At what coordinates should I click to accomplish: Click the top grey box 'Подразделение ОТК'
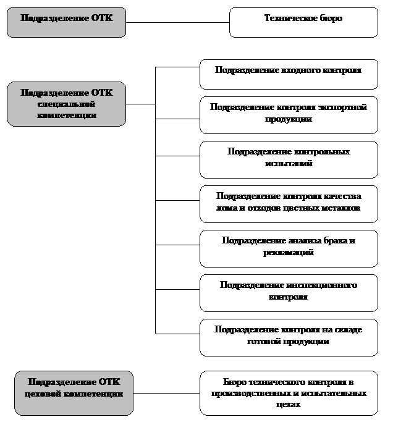[66, 22]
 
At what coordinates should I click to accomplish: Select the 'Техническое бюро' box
[303, 22]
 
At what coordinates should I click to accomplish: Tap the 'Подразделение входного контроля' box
[289, 74]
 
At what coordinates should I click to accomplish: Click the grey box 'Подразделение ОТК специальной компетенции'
[66, 104]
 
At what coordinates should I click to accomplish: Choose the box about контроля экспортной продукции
[289, 114]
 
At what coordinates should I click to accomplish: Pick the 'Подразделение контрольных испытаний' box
[289, 159]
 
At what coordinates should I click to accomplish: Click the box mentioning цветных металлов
[289, 203]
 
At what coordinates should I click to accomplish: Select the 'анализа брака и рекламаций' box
[289, 248]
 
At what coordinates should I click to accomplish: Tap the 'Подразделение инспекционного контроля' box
[289, 292]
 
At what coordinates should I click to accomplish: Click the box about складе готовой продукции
[289, 337]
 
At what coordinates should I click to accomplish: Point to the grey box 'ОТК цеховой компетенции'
[74, 392]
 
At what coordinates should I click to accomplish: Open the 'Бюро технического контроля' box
[289, 393]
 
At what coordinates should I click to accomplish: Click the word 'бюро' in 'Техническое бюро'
[331, 19]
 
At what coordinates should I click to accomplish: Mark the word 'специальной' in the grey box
[66, 104]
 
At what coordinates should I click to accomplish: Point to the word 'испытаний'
[289, 164]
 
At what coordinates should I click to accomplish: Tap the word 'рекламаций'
[289, 253]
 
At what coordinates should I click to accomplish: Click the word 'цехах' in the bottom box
[289, 405]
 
